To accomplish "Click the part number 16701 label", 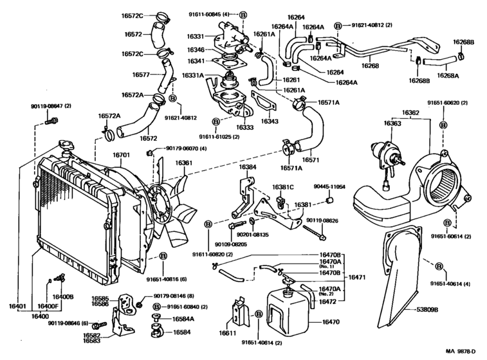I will pos(122,155).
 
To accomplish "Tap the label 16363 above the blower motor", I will pos(392,123).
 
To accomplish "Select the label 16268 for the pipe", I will pos(370,65).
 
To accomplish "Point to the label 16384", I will pos(248,166).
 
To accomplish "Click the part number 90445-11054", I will pos(329,186).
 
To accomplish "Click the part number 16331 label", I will pos(196,37).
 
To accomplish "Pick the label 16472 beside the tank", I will pos(329,301).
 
